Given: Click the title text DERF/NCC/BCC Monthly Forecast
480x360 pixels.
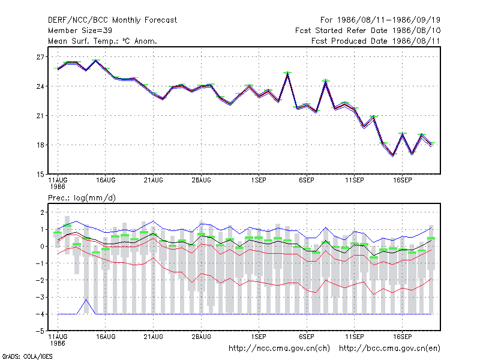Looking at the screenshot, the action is [x=112, y=20].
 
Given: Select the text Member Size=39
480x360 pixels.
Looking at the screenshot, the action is [x=80, y=31].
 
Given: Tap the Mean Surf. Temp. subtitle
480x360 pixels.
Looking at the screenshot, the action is [x=102, y=41].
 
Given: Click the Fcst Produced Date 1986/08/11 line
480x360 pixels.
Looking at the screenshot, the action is [x=376, y=41].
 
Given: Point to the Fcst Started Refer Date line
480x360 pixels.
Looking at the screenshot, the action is [x=368, y=31].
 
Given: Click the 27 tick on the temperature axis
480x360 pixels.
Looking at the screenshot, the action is [x=40, y=57].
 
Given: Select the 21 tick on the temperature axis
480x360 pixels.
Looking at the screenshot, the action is [x=40, y=116].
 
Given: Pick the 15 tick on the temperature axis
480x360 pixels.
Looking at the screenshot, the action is [x=40, y=175].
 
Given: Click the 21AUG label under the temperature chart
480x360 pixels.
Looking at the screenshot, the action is [x=154, y=181].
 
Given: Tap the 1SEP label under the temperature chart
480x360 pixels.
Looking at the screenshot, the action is [x=259, y=181].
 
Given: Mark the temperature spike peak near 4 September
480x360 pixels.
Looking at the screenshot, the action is [x=287, y=73].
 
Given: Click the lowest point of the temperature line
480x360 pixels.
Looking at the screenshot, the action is [x=393, y=155].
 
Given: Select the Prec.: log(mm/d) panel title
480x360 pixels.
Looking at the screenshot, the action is [x=82, y=198].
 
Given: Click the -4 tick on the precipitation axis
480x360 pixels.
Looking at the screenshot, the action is [x=40, y=314].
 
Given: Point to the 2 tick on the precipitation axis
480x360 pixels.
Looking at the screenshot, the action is [x=42, y=212].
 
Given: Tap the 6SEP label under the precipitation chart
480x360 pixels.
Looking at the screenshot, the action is [x=307, y=337].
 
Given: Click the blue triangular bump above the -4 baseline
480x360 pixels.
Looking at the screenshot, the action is [x=86, y=299].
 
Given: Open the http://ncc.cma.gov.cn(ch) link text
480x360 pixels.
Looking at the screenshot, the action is [x=280, y=349].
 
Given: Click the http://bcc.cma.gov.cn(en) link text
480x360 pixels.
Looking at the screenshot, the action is [x=389, y=349].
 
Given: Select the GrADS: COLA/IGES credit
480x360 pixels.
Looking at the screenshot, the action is [x=27, y=356].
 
